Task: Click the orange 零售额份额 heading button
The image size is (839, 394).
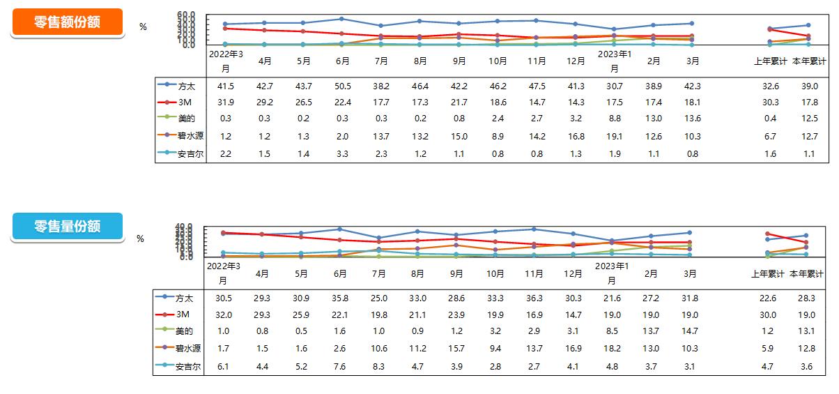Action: tap(68, 22)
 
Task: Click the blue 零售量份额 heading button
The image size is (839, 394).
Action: tap(68, 227)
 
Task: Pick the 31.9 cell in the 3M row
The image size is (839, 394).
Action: tap(225, 102)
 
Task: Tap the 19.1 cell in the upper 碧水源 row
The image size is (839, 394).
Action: tap(614, 136)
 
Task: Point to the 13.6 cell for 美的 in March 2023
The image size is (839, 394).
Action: tap(693, 119)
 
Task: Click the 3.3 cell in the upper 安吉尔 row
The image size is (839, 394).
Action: tap(342, 153)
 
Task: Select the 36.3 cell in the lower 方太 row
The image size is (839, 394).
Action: tap(534, 298)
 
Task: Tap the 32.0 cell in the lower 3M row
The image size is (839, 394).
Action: tap(223, 315)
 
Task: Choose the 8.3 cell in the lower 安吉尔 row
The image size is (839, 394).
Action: tap(378, 366)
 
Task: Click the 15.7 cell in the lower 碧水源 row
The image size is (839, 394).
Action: tap(456, 349)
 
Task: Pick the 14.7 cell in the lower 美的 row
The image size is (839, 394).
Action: tap(690, 331)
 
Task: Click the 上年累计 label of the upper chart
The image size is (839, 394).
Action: tap(770, 61)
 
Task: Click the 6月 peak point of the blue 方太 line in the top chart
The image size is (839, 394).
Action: tap(342, 19)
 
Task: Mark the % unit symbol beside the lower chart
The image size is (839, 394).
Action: tap(140, 238)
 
